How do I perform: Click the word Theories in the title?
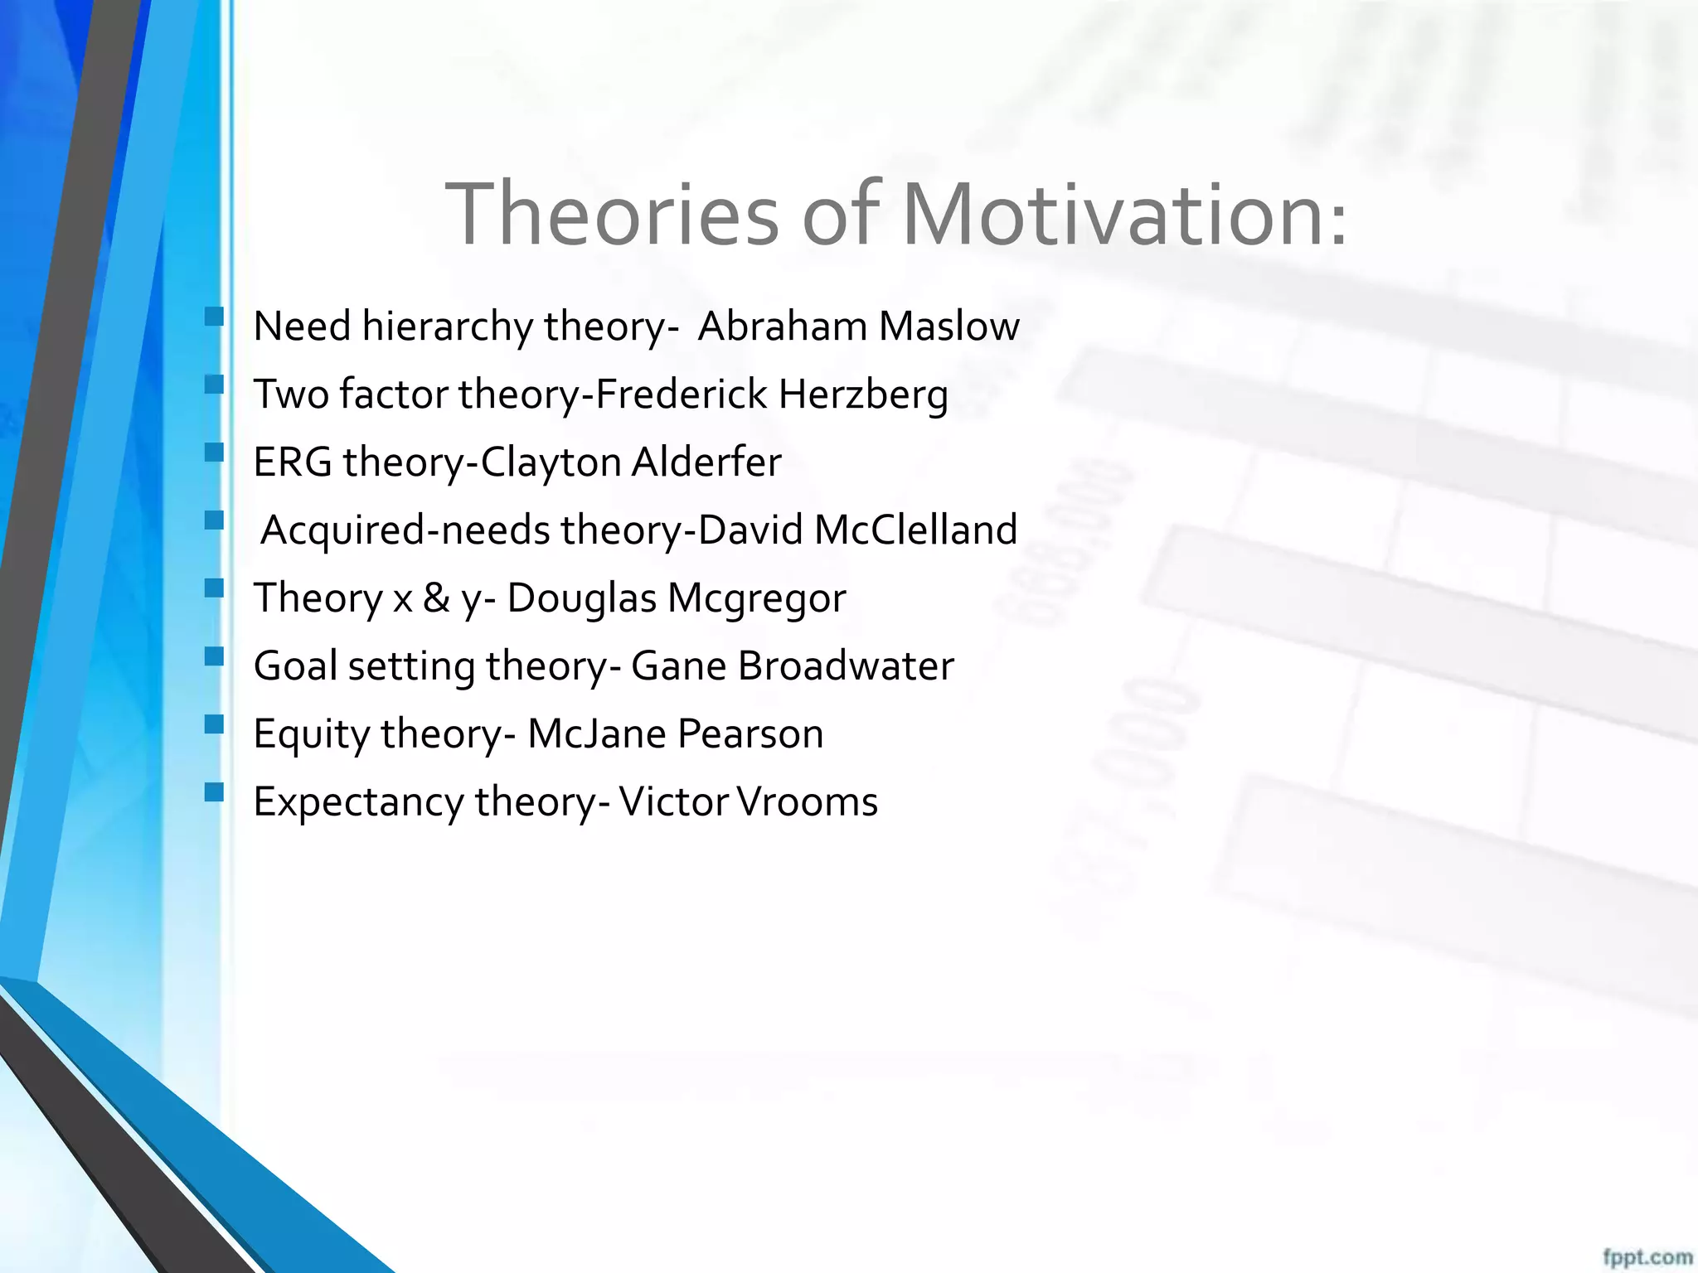click(612, 215)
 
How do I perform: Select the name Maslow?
click(948, 327)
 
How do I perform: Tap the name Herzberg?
click(862, 394)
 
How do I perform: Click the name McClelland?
click(915, 530)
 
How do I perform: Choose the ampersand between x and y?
click(436, 598)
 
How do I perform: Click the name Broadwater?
click(846, 666)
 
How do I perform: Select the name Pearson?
click(750, 734)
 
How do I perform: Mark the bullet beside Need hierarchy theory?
click(214, 316)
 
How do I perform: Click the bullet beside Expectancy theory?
click(214, 791)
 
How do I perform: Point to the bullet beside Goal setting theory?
click(214, 656)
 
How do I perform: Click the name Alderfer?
click(706, 462)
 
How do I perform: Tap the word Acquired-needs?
click(405, 530)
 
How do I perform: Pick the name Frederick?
click(682, 394)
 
